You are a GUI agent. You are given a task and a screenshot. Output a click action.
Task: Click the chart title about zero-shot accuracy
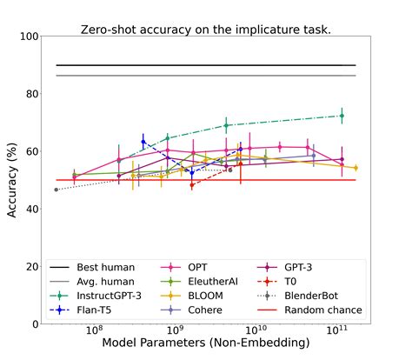pyautogui.click(x=205, y=29)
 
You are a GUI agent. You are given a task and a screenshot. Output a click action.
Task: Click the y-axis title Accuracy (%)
pyautogui.click(x=13, y=180)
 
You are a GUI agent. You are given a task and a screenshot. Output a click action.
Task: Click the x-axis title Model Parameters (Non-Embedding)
pyautogui.click(x=206, y=344)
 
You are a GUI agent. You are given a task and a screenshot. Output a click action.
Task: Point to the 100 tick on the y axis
pyautogui.click(x=27, y=37)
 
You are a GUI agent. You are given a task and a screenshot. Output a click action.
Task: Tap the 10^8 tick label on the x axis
pyautogui.click(x=94, y=331)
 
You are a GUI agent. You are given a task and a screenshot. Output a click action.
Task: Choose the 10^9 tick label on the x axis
pyautogui.click(x=175, y=331)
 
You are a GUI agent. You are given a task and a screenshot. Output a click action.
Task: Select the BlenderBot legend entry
pyautogui.click(x=328, y=296)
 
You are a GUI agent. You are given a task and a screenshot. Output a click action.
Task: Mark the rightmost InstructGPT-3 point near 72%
pyautogui.click(x=342, y=116)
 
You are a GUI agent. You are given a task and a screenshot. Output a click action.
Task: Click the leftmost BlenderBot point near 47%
pyautogui.click(x=56, y=190)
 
